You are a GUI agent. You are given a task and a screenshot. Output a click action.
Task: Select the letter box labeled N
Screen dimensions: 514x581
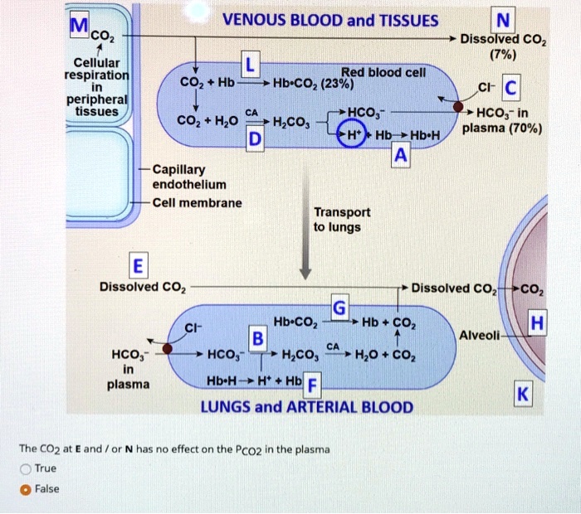502,20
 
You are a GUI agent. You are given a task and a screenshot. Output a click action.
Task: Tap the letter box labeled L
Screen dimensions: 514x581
250,65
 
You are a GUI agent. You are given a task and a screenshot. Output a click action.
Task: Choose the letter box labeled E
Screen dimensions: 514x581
137,266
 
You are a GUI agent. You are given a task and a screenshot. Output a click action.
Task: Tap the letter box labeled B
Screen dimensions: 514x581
257,339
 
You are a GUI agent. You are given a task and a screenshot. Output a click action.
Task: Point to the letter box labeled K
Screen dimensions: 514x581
522,395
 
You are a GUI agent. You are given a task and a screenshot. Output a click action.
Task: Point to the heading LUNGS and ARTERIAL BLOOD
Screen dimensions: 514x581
306,406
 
